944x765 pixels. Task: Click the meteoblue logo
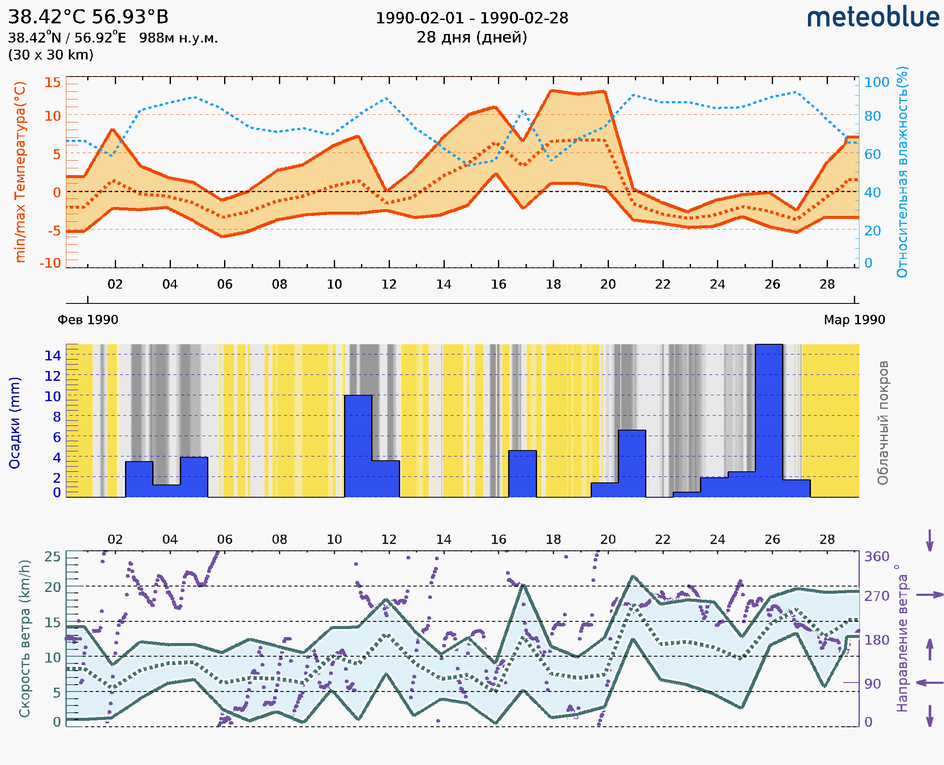(x=873, y=17)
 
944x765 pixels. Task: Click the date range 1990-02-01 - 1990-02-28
(x=471, y=18)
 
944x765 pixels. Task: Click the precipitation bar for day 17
(x=522, y=473)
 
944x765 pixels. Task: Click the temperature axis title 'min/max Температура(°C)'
(x=20, y=172)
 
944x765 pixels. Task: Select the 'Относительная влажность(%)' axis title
(x=902, y=172)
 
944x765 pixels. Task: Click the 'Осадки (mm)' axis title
(x=14, y=422)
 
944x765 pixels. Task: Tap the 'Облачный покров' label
(x=882, y=422)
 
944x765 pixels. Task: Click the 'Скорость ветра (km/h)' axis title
(x=25, y=638)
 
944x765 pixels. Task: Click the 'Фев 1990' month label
(x=88, y=320)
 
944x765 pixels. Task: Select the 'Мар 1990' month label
(x=854, y=320)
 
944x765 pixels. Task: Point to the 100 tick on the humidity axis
(x=876, y=82)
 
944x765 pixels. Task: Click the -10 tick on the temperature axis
(x=50, y=263)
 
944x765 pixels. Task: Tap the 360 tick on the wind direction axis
(x=876, y=557)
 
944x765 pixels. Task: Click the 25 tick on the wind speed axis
(x=52, y=557)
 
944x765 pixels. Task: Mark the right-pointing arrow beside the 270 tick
(x=930, y=595)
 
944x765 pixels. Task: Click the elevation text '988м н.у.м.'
(x=178, y=38)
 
